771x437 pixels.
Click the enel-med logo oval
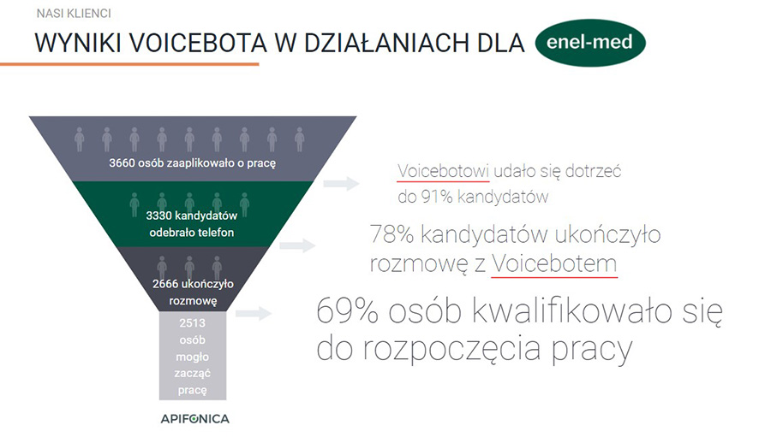pyautogui.click(x=590, y=43)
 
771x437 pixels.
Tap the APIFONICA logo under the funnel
pyautogui.click(x=194, y=419)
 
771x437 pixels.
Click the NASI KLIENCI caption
pyautogui.click(x=74, y=14)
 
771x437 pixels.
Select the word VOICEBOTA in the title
pyautogui.click(x=198, y=44)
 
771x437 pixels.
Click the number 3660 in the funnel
pyautogui.click(x=122, y=163)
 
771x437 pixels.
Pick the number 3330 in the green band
pyautogui.click(x=158, y=216)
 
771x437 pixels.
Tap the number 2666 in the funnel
pyautogui.click(x=165, y=284)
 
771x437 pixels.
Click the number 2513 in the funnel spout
pyautogui.click(x=192, y=323)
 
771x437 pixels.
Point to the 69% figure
pyautogui.click(x=347, y=310)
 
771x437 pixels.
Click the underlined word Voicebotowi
pyautogui.click(x=443, y=171)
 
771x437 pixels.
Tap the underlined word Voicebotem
pyautogui.click(x=554, y=263)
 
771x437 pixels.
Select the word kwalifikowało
pyautogui.click(x=572, y=310)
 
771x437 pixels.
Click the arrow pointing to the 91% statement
pyautogui.click(x=341, y=184)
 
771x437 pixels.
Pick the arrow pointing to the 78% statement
pyautogui.click(x=297, y=245)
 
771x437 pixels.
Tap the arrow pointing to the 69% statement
pyautogui.click(x=254, y=313)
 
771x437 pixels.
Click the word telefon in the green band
pyautogui.click(x=218, y=233)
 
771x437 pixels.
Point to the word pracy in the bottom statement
pyautogui.click(x=592, y=349)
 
